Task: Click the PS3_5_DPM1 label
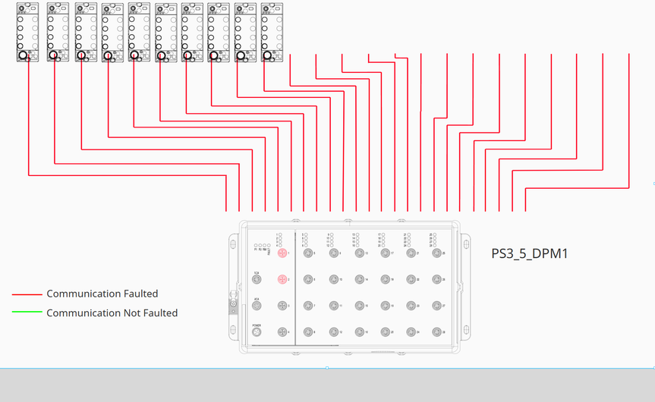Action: pyautogui.click(x=530, y=253)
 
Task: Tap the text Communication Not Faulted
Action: pyautogui.click(x=112, y=313)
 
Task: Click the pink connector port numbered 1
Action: pyautogui.click(x=282, y=253)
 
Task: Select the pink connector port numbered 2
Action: pyautogui.click(x=282, y=280)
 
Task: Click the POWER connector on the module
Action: pyautogui.click(x=257, y=332)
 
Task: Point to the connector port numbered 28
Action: pyautogui.click(x=437, y=332)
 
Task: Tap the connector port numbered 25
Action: pyautogui.click(x=437, y=253)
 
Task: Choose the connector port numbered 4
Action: pyautogui.click(x=282, y=332)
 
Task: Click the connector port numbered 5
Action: pyautogui.click(x=308, y=253)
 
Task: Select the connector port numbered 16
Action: pyautogui.click(x=360, y=332)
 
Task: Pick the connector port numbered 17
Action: pyautogui.click(x=386, y=253)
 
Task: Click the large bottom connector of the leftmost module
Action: pyautogui.click(x=24, y=55)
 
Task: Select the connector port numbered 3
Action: pyautogui.click(x=282, y=306)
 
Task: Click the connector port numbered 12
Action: pyautogui.click(x=334, y=332)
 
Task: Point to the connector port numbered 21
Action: pyautogui.click(x=411, y=253)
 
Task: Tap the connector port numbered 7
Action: pyautogui.click(x=308, y=306)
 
